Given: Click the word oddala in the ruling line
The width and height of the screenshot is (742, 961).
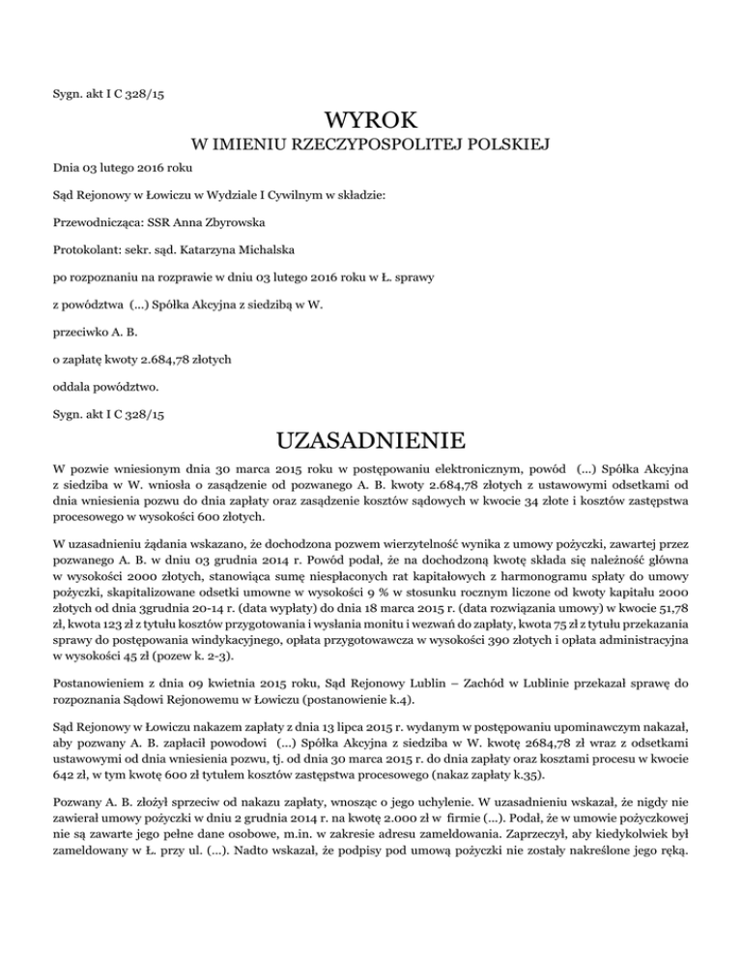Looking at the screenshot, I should click(72, 388).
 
